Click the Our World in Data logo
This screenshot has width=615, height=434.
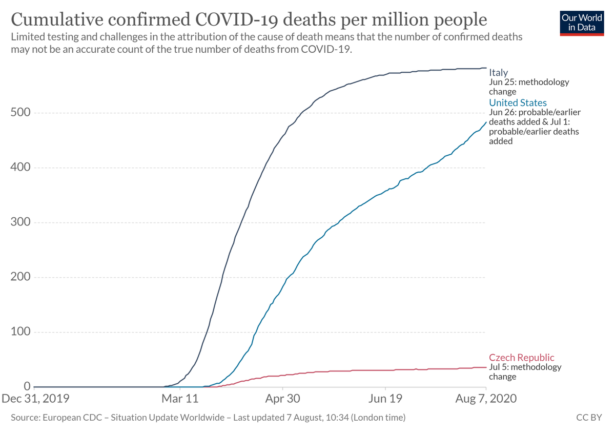tap(582, 22)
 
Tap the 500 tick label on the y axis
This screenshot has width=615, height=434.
tap(20, 113)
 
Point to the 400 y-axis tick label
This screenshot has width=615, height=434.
tap(20, 168)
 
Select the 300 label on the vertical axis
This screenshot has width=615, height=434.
tap(20, 222)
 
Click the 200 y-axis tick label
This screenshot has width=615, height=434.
tap(20, 277)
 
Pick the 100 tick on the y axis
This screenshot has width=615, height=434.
tap(20, 332)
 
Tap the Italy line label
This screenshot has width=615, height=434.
tap(498, 72)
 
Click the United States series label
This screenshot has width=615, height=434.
tap(518, 103)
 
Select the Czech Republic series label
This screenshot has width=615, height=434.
tap(521, 358)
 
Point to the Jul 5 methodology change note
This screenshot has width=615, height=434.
tap(525, 372)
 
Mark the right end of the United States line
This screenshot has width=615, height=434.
tap(486, 122)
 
